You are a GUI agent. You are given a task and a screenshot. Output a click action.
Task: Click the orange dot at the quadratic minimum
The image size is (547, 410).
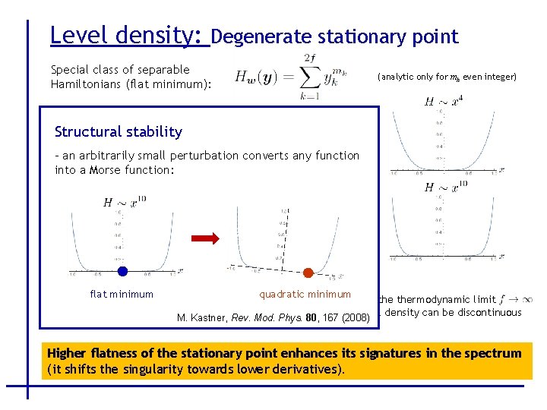[308, 273]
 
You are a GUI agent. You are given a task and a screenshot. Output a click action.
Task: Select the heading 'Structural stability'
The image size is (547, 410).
[119, 131]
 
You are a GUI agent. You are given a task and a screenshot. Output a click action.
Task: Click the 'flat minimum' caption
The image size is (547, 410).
[122, 294]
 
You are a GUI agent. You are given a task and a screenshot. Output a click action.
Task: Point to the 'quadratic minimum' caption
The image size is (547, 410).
[305, 294]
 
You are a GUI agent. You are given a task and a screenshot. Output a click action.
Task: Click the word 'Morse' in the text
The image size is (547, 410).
[105, 169]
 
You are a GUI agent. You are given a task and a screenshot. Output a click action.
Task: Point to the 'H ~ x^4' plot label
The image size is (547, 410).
[443, 101]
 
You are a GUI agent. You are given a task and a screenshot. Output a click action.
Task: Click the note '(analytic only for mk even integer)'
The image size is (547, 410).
[447, 77]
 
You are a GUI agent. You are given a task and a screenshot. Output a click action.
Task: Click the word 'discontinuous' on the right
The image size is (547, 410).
[486, 312]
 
